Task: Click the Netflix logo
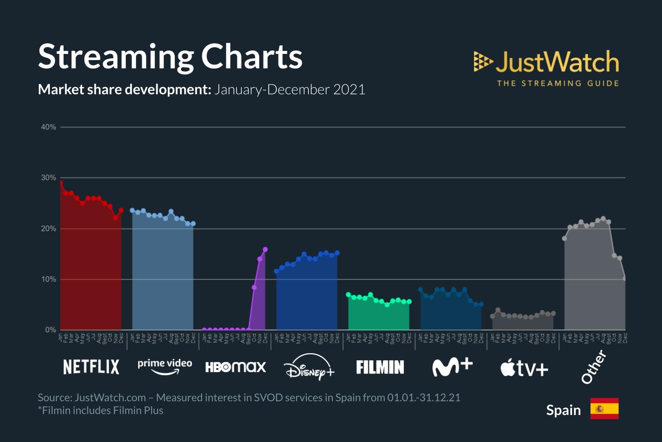coord(91,367)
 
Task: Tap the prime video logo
coord(165,366)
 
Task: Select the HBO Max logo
coord(236,367)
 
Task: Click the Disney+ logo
coord(309,367)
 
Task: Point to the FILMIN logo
coord(380,367)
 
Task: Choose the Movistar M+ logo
coord(452,367)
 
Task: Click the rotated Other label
coord(594,366)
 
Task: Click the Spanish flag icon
coord(604,408)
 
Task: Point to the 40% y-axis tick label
coord(49,127)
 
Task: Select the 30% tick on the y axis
coord(49,178)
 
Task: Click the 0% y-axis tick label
coord(50,330)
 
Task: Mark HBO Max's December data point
coord(265,250)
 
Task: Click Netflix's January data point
coord(60,183)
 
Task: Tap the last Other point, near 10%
coord(625,278)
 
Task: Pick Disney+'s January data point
coord(277,271)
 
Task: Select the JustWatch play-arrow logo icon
coord(483,61)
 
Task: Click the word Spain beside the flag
coord(564,410)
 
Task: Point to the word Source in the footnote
coord(54,397)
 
